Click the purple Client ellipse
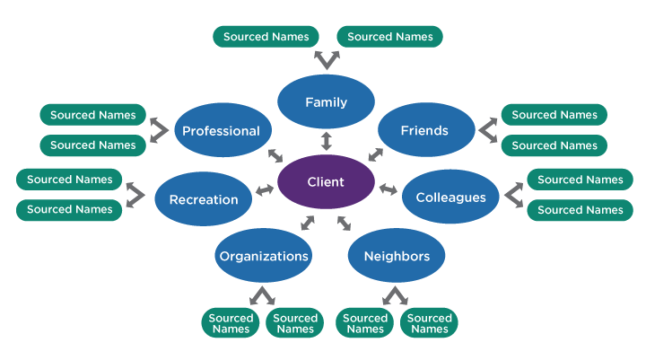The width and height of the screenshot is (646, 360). click(x=326, y=181)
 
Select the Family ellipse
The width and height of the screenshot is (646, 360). click(x=326, y=102)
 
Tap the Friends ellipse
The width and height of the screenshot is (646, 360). click(x=425, y=130)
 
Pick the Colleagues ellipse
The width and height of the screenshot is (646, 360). click(x=450, y=197)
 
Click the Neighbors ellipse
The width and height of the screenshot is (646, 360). click(x=397, y=256)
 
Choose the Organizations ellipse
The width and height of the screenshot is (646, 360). click(x=264, y=256)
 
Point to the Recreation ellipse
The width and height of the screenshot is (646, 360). click(x=204, y=199)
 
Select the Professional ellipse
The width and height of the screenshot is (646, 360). click(x=222, y=130)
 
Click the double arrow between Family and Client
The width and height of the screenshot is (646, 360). click(x=326, y=140)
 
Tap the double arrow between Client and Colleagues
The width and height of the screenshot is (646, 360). click(x=388, y=189)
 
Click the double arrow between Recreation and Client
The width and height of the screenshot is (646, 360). click(x=265, y=190)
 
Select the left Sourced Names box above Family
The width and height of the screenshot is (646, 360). click(x=266, y=37)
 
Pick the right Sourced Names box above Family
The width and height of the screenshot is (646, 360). click(x=389, y=37)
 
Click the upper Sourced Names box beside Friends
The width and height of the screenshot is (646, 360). click(x=554, y=115)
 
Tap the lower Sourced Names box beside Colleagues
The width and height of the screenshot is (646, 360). click(x=580, y=210)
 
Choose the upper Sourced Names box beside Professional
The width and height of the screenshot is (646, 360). click(x=93, y=115)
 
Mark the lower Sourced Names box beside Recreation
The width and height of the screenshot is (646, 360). click(x=70, y=209)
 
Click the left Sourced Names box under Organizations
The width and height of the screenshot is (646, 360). click(x=231, y=323)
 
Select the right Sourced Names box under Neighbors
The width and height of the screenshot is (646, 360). click(x=430, y=323)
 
